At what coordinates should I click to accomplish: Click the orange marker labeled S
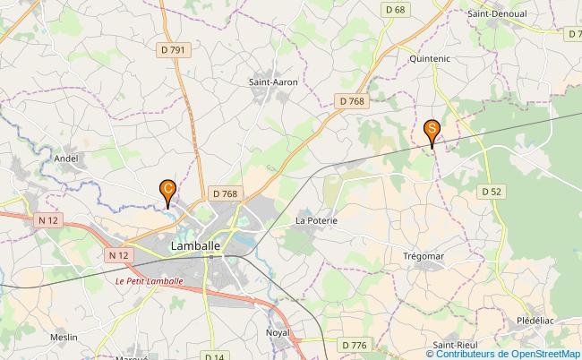tap(432, 131)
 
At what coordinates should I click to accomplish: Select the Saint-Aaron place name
tap(273, 81)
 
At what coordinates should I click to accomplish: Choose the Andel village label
tap(66, 159)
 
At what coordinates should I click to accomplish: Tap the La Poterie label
tap(315, 219)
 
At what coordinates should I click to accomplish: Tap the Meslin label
tap(64, 337)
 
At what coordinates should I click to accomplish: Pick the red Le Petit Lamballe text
tap(150, 280)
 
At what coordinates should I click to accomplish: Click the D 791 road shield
tap(176, 50)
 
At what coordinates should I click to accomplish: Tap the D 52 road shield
tap(490, 191)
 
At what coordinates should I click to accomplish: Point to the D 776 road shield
tap(355, 345)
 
